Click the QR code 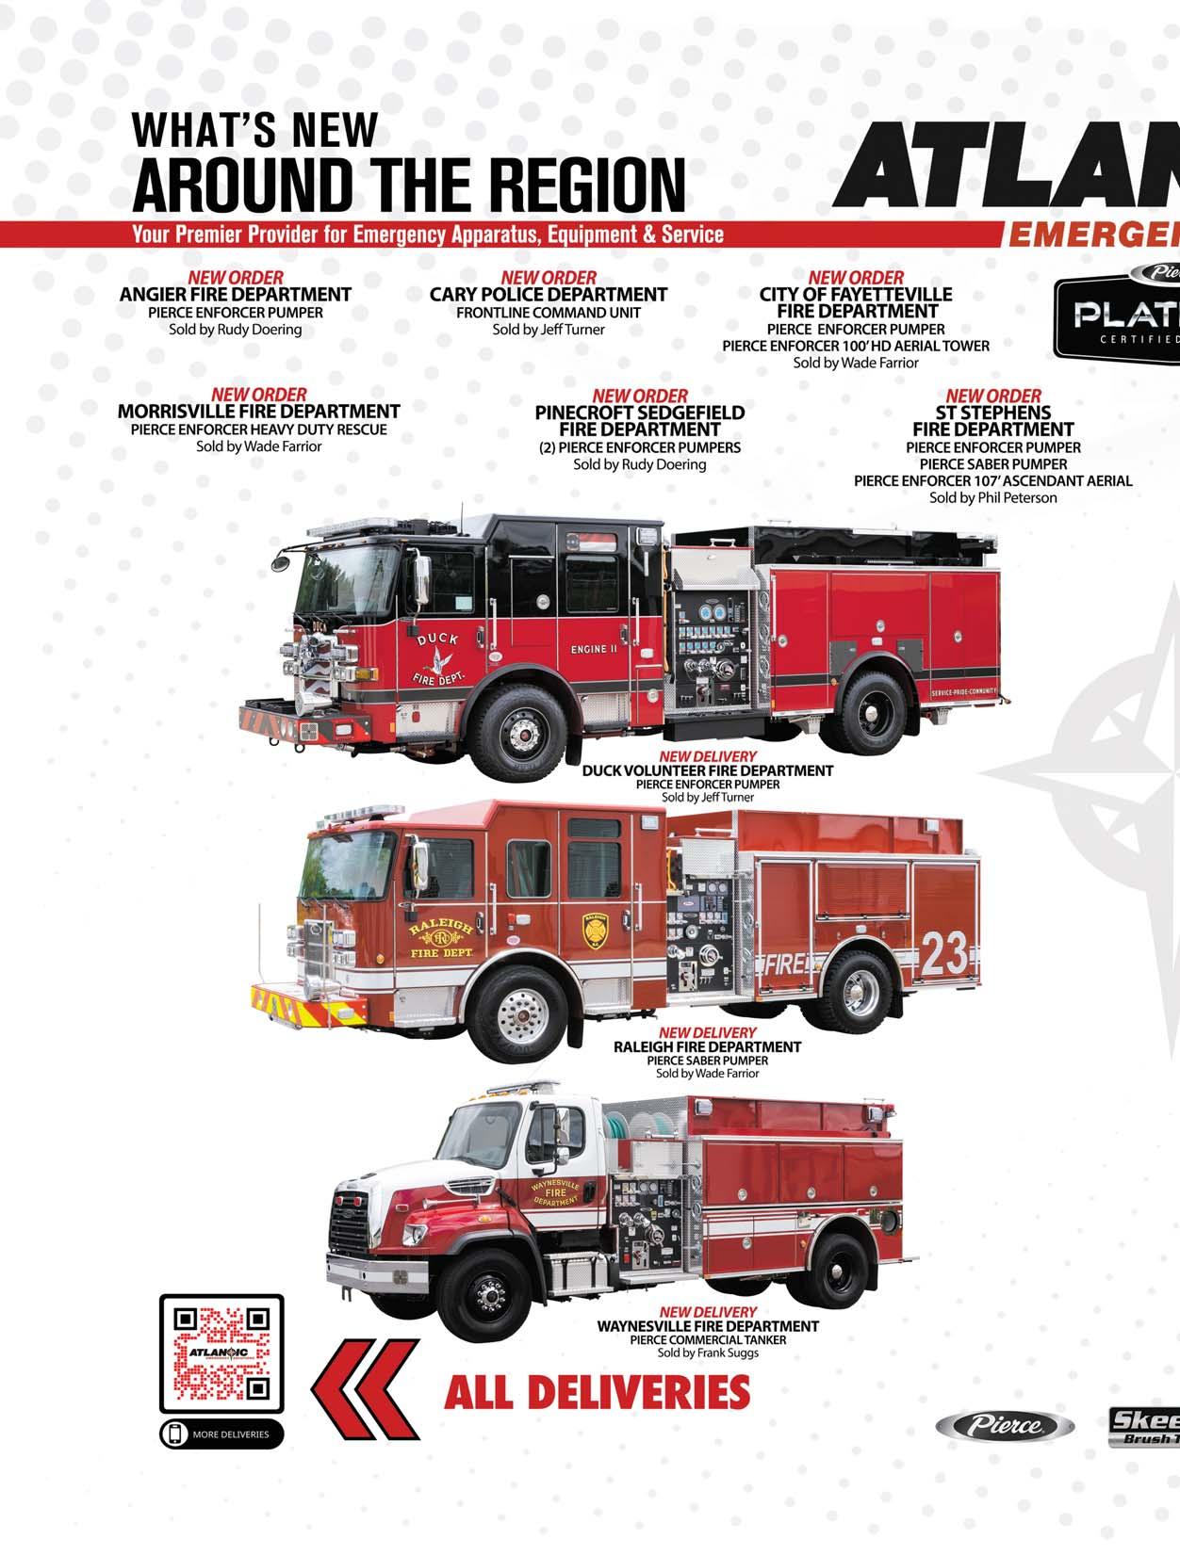pyautogui.click(x=221, y=1353)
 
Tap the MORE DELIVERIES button pyautogui.click(x=221, y=1434)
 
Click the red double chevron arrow pyautogui.click(x=366, y=1391)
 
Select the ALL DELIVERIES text pyautogui.click(x=597, y=1392)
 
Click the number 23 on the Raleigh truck pyautogui.click(x=944, y=954)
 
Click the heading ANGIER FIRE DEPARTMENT pyautogui.click(x=235, y=295)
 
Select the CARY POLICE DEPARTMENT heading pyautogui.click(x=549, y=295)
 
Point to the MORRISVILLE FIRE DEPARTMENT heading pyautogui.click(x=258, y=412)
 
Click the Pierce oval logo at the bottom pyautogui.click(x=1004, y=1426)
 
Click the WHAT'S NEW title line pyautogui.click(x=255, y=130)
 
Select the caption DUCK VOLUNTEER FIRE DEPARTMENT pyautogui.click(x=707, y=770)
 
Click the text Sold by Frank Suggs pyautogui.click(x=707, y=1353)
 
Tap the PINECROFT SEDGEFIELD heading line pyautogui.click(x=639, y=413)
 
